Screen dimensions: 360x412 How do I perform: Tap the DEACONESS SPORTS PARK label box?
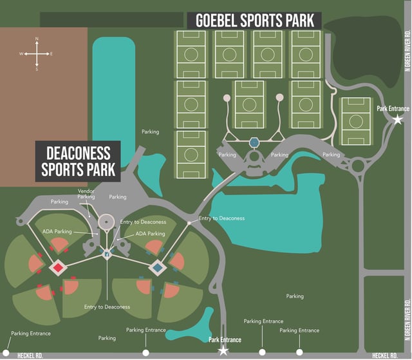tap(78, 161)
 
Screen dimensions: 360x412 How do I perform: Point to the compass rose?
tap(37, 54)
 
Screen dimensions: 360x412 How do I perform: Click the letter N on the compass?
tap(37, 40)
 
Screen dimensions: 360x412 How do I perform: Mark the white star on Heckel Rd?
tap(223, 351)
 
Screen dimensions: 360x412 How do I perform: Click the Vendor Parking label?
tap(86, 194)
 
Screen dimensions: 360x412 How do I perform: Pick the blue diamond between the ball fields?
tap(156, 267)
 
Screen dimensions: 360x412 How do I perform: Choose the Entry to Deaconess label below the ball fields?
tap(107, 307)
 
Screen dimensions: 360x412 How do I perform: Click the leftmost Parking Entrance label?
tap(31, 334)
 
